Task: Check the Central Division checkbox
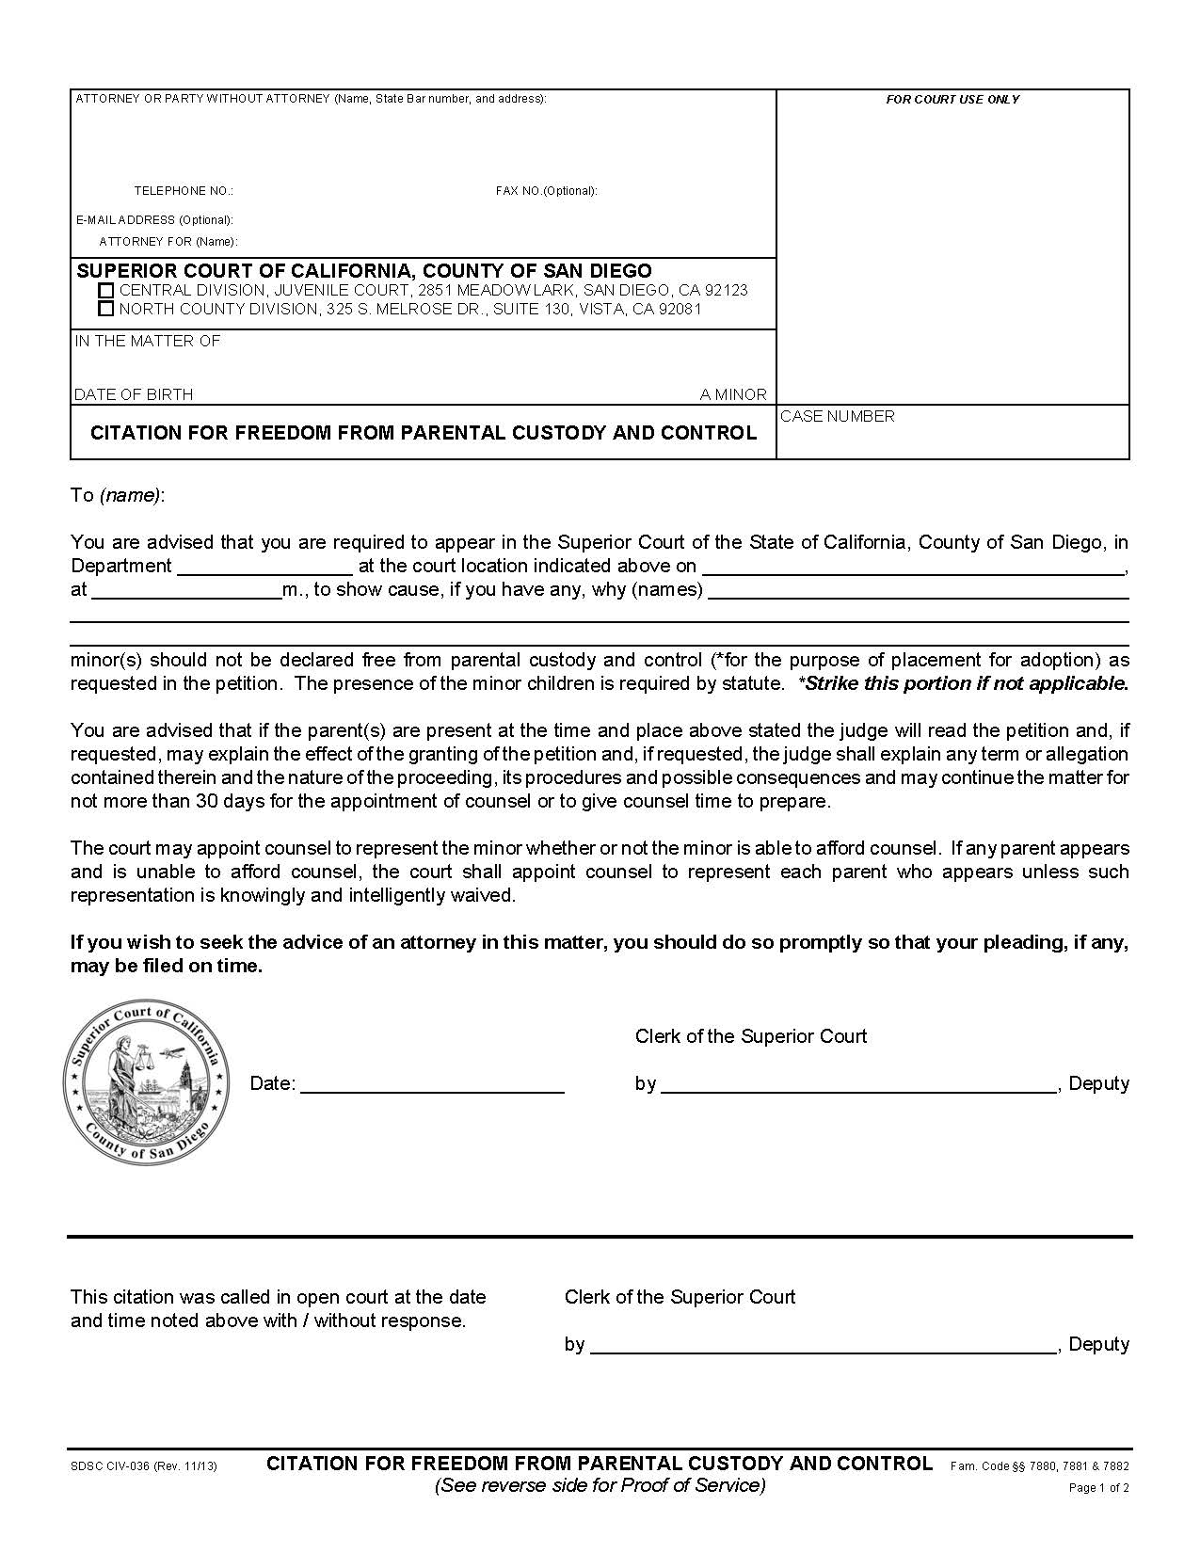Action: point(106,291)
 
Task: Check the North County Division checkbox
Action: point(106,309)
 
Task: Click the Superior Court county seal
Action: point(146,1083)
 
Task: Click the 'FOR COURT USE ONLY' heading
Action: point(952,100)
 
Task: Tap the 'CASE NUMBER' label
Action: point(838,416)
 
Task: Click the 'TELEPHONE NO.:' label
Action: point(184,191)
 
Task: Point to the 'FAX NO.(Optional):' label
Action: point(547,191)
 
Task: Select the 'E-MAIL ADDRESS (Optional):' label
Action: point(154,220)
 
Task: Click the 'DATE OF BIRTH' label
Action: point(134,394)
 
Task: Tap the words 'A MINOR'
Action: point(733,394)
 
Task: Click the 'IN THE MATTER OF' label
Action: point(148,341)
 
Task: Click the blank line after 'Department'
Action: point(264,567)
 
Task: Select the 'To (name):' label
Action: point(118,495)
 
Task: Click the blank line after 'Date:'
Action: point(432,1084)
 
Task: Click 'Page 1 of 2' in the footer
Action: point(1098,1488)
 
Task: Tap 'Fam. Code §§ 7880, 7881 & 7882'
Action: point(1040,1465)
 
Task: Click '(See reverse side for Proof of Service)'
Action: point(600,1485)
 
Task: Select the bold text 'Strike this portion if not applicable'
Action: point(966,683)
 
